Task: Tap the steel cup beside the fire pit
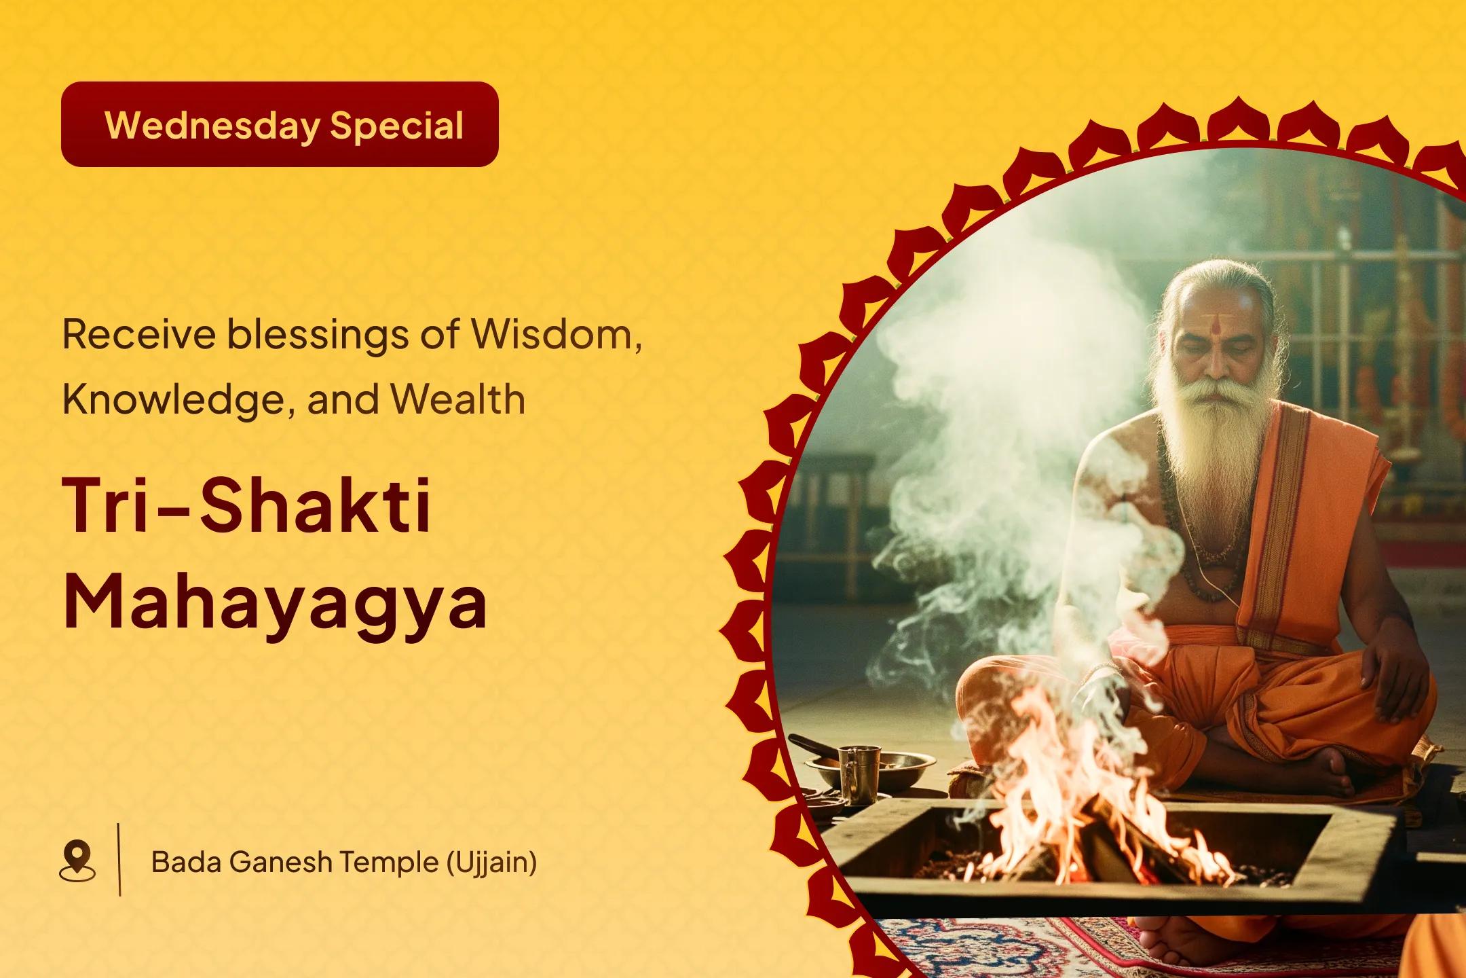click(859, 767)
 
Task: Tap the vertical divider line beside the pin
click(120, 860)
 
